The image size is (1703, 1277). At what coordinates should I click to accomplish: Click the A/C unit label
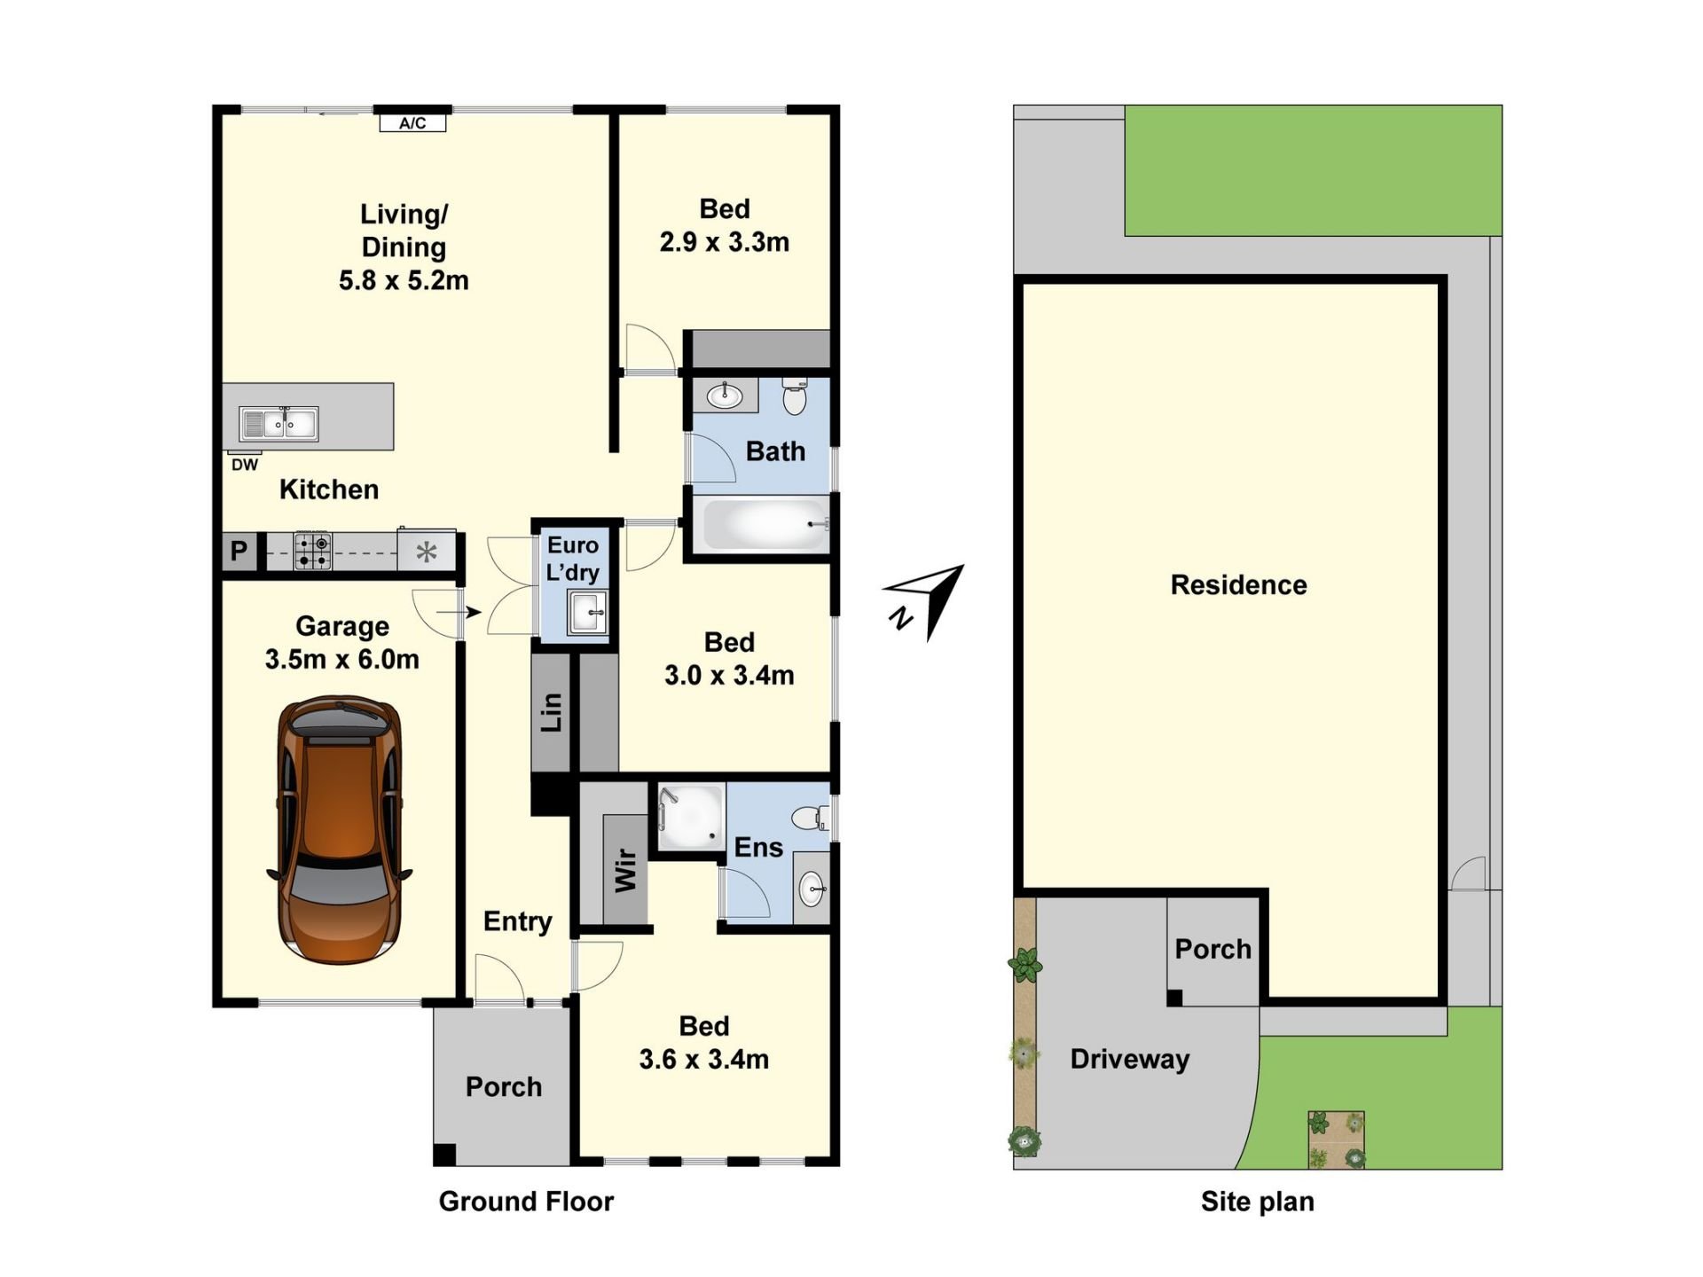[x=412, y=123]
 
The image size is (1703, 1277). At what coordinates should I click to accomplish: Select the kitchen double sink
[x=279, y=424]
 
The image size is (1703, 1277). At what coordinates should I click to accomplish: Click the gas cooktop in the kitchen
[x=312, y=551]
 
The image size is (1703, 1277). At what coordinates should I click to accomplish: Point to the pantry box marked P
[x=239, y=552]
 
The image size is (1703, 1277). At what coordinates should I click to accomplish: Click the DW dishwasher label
[x=245, y=465]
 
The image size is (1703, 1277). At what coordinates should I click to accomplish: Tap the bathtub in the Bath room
[x=765, y=524]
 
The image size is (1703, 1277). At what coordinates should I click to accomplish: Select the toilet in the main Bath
[x=795, y=396]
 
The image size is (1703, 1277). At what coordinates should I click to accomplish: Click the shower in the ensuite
[x=690, y=819]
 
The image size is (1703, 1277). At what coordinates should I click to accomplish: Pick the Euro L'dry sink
[x=588, y=612]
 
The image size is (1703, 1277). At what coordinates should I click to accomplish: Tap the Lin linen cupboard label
[x=552, y=712]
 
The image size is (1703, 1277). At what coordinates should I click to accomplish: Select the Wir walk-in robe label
[x=625, y=870]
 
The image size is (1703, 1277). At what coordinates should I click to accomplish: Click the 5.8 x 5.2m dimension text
[x=404, y=280]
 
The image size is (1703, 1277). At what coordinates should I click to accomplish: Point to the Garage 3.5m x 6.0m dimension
[x=342, y=659]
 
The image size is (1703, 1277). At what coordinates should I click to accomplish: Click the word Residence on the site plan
[x=1238, y=584]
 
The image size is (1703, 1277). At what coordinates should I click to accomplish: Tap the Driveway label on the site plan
[x=1129, y=1059]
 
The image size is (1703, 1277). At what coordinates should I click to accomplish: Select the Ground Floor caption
[x=526, y=1201]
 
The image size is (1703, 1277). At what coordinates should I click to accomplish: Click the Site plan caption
[x=1257, y=1202]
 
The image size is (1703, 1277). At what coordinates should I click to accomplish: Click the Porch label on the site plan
[x=1213, y=949]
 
